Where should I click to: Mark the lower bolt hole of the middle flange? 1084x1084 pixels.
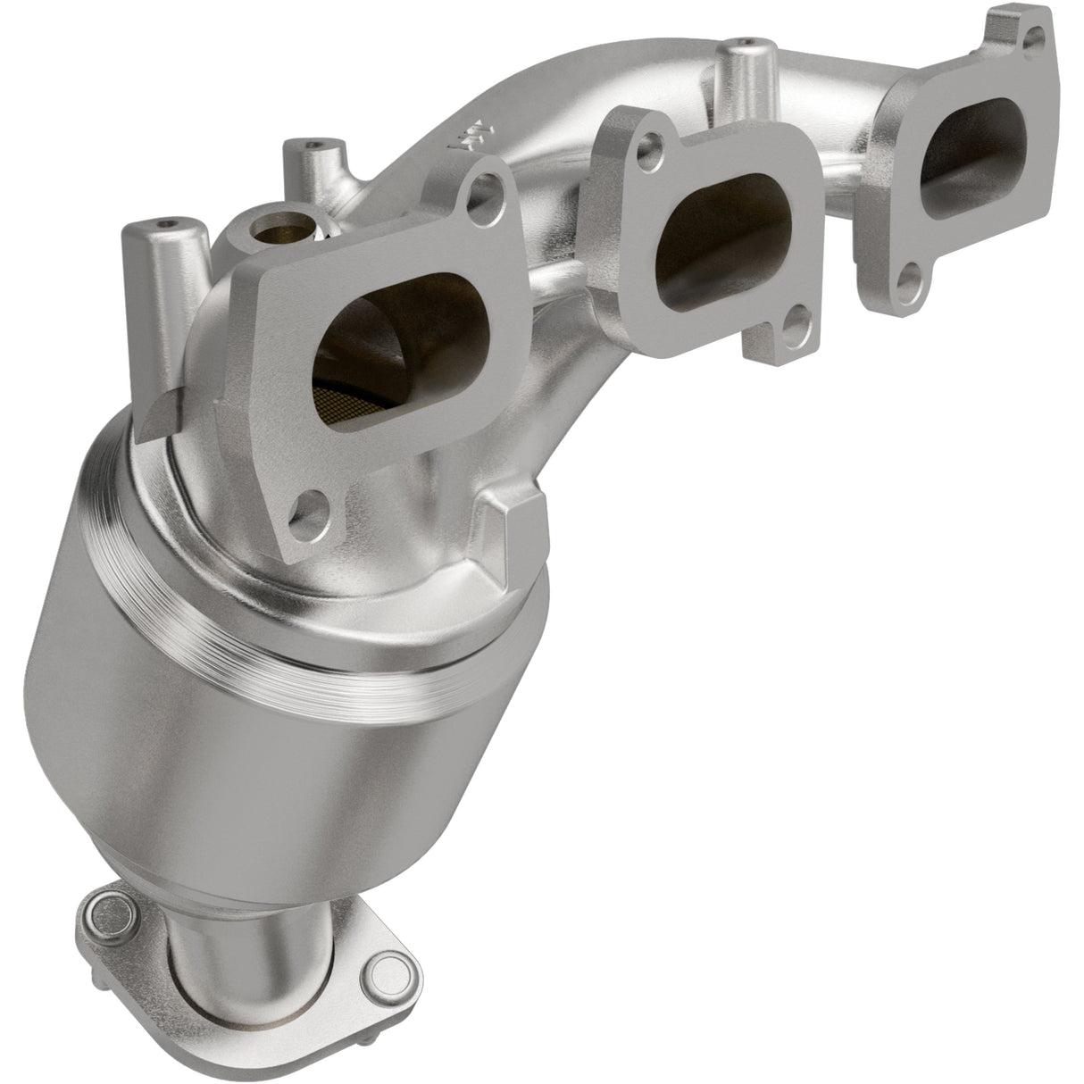point(796,321)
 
